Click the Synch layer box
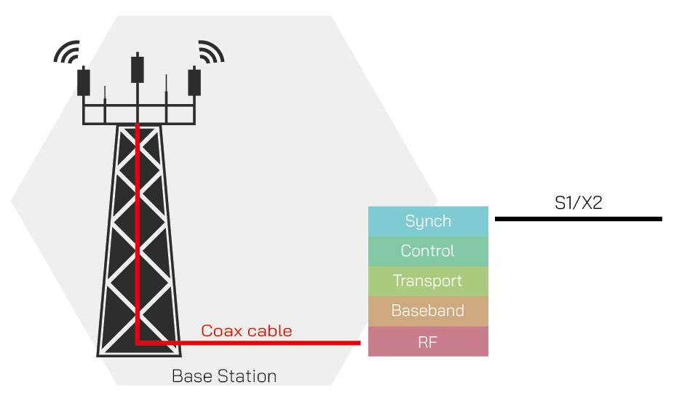pos(428,221)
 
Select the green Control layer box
pos(428,251)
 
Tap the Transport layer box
pos(428,281)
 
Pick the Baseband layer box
pos(428,311)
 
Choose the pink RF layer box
pos(428,341)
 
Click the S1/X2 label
pos(578,203)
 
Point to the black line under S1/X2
pos(578,218)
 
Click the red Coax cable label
pos(246,331)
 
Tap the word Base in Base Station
pos(191,376)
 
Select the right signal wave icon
pos(210,52)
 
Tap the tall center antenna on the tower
pos(138,68)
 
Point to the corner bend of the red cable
pos(138,341)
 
